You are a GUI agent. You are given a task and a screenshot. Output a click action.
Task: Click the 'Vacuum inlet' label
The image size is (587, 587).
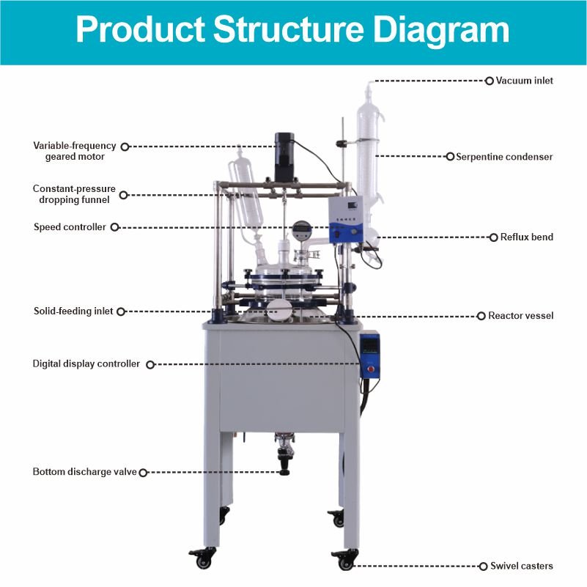coord(524,81)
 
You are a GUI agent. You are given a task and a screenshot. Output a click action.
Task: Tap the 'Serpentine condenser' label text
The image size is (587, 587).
coord(504,157)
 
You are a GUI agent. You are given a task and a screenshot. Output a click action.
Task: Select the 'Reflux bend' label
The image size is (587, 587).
coord(526,237)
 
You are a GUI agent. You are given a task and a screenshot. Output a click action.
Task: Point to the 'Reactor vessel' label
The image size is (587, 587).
coord(520,316)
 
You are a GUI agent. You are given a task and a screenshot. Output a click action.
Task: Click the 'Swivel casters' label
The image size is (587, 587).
coord(521,566)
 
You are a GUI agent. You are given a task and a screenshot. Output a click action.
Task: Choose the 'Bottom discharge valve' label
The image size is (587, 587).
coord(84,472)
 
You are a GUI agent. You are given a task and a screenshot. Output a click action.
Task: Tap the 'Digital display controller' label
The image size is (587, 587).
coord(86,363)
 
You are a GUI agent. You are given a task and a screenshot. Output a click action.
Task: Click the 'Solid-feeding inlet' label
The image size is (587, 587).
coord(73,311)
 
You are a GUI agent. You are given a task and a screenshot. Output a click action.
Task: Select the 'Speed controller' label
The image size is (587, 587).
coord(70,227)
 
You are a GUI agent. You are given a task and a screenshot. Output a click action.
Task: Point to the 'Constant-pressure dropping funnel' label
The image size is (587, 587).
coord(74,194)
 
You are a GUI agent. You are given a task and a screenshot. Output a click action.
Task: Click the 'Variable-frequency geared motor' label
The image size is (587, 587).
coord(74,151)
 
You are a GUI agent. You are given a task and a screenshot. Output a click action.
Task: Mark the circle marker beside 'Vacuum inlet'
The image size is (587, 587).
coord(490,81)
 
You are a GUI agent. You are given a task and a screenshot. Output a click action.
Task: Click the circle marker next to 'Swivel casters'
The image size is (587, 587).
coord(484,566)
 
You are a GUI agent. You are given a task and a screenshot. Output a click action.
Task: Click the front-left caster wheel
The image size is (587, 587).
coord(203,561)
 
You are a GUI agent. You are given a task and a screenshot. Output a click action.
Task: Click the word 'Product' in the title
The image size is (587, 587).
coord(139,32)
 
